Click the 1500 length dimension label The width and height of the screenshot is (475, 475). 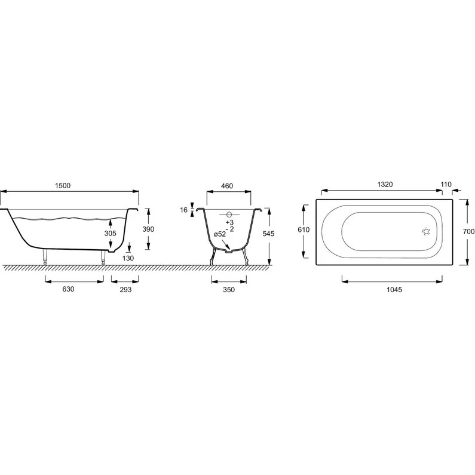point(63,185)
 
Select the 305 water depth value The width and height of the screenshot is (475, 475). point(111,233)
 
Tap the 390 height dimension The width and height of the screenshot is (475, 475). point(148,229)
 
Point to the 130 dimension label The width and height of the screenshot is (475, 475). point(128,258)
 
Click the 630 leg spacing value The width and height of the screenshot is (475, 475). point(68,289)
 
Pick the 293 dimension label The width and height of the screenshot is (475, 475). point(125,290)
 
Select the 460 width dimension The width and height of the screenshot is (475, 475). point(227,186)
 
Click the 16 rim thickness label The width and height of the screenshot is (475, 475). point(184,210)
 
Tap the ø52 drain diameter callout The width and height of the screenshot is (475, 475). point(220,234)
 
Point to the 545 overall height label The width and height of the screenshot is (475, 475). point(268,234)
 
